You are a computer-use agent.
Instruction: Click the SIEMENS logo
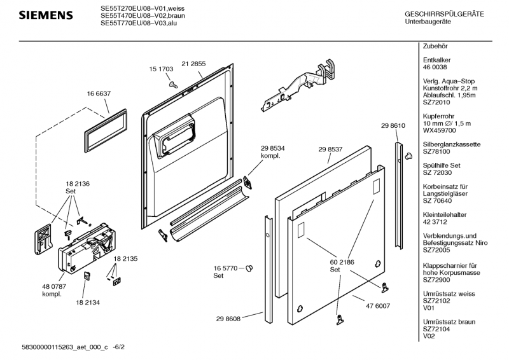click(x=44, y=15)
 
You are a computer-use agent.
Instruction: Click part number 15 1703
click(x=161, y=69)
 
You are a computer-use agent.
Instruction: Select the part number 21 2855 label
click(x=193, y=64)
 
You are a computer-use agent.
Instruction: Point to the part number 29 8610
click(x=393, y=126)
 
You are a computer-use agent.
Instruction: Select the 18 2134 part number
click(x=88, y=302)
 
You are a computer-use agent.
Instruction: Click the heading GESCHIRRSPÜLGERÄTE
click(x=444, y=14)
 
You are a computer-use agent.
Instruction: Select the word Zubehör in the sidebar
click(x=436, y=47)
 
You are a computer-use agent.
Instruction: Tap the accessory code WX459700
click(x=439, y=130)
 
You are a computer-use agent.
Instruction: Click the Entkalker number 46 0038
click(x=435, y=66)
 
